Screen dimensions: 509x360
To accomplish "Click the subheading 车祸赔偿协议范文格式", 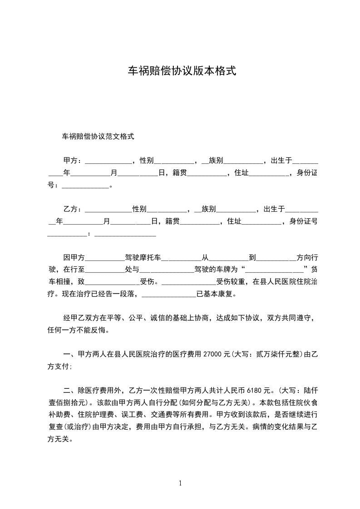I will [98, 136].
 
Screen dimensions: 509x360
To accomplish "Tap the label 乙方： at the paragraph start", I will [73, 209].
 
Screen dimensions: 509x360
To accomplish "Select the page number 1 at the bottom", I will [180, 483].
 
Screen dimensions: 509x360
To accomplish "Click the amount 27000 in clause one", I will [213, 354].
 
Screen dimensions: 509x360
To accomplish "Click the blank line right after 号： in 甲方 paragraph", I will [85, 186].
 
